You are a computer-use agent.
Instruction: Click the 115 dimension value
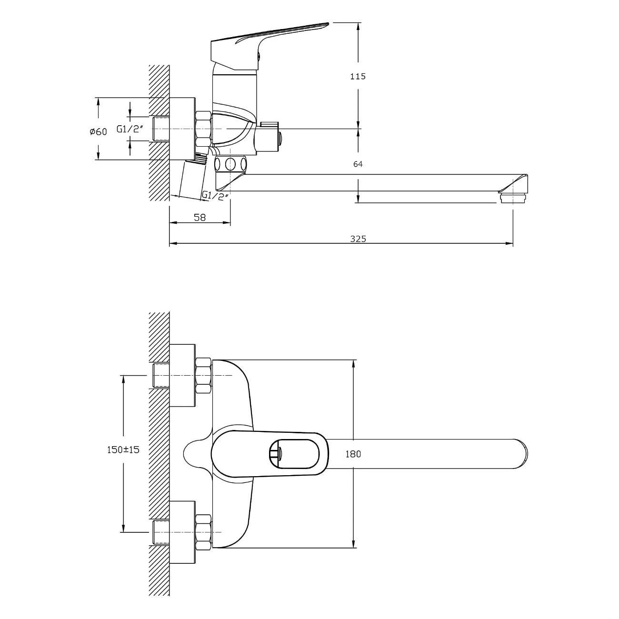tap(358, 77)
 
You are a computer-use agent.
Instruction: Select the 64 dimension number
tap(358, 164)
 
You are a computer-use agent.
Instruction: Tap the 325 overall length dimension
tap(358, 239)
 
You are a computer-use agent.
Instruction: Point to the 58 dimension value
tap(200, 218)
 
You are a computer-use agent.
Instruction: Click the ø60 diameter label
tap(98, 131)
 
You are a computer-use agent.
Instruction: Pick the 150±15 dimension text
tap(123, 449)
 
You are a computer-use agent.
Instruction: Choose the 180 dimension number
tap(353, 454)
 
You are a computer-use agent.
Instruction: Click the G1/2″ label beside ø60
tap(130, 129)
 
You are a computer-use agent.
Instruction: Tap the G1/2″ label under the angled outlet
tap(216, 195)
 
